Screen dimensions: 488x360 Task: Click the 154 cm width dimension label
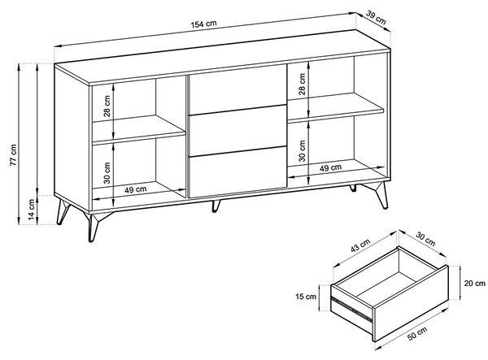pos(203,24)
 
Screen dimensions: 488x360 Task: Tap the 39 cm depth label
pos(376,18)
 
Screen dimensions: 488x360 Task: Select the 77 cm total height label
pos(13,155)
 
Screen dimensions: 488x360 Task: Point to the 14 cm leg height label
pos(32,210)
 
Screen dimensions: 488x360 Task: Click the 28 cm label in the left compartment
pos(107,106)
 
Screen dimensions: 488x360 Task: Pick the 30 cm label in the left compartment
pos(107,173)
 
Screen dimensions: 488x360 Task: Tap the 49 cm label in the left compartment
pos(136,189)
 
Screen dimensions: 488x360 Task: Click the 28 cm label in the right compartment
pos(302,84)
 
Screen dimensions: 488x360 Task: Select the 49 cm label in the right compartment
pos(330,167)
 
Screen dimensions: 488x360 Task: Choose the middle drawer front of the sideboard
pos(237,131)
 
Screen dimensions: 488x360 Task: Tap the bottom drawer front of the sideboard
pos(237,172)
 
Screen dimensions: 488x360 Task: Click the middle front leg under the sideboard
pos(216,206)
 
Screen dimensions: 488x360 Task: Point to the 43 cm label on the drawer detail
pos(360,245)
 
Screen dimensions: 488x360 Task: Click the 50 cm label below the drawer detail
pos(417,333)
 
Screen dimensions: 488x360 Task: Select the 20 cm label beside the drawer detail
pos(475,283)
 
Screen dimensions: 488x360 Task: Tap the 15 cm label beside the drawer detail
pos(306,297)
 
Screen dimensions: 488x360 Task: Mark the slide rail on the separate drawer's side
pos(351,309)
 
